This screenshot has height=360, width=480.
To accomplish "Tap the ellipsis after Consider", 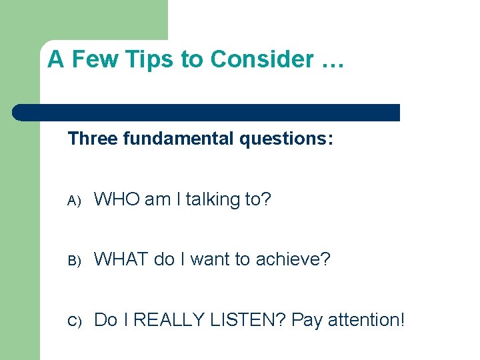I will coord(331,60).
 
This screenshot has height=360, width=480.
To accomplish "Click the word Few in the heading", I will coord(89,60).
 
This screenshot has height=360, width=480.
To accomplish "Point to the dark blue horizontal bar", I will coord(207,113).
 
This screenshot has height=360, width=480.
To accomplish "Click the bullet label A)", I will coord(73,201).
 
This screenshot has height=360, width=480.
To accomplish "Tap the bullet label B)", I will coord(73,261).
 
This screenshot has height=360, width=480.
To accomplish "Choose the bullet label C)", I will coord(73,321).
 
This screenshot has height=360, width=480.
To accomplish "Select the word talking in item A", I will coord(211,199).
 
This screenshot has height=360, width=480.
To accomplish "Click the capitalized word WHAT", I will coord(121,259).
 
